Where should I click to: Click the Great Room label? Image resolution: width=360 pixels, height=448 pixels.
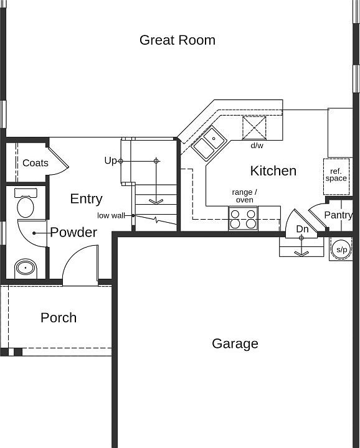point(178,40)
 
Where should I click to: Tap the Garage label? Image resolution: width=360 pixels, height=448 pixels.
point(235,343)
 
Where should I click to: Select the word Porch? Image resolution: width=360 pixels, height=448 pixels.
point(59,318)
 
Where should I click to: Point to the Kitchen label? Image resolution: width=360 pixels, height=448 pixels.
point(273,170)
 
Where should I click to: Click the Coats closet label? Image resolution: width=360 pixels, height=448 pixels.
point(36,163)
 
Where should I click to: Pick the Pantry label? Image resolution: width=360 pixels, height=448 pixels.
point(338,215)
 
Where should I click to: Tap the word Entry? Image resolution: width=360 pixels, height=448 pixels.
point(86,199)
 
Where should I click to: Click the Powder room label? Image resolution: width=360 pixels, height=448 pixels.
point(73,233)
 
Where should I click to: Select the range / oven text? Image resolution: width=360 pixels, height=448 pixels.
point(244,196)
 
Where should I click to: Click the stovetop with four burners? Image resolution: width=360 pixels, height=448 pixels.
point(243,218)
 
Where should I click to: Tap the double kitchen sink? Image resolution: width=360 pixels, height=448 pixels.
point(209,143)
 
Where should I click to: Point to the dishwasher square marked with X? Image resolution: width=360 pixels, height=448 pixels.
point(254,128)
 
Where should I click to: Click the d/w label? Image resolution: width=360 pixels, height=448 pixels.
point(257,146)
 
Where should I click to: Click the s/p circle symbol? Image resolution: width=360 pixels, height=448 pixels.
point(341,250)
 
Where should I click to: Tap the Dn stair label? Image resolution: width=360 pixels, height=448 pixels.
point(302,229)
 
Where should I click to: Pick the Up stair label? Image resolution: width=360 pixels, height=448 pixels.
point(110,161)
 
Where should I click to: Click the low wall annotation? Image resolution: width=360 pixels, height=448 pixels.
point(112,215)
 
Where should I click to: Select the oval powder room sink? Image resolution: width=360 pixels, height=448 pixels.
point(26,268)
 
